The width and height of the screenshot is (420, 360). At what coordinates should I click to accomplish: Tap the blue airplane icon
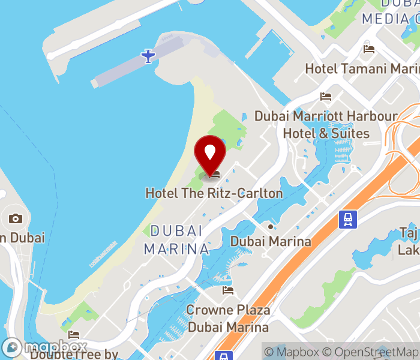click(148, 56)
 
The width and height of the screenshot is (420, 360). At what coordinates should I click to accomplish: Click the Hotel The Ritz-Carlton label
click(214, 193)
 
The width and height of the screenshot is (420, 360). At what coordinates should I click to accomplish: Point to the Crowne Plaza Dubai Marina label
click(228, 319)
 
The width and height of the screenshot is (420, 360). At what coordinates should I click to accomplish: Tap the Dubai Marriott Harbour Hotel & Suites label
click(326, 124)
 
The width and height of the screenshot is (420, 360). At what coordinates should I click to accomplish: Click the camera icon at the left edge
click(16, 218)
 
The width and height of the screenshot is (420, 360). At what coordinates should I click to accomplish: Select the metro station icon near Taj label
click(348, 220)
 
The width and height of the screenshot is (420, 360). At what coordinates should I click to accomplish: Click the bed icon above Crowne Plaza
click(228, 290)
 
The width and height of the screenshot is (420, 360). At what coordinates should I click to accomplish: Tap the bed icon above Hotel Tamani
click(369, 49)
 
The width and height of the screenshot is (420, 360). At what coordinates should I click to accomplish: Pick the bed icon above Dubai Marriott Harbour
click(326, 96)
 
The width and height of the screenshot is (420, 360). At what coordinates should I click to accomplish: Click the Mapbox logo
click(45, 347)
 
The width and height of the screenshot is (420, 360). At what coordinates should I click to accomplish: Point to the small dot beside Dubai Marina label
click(271, 227)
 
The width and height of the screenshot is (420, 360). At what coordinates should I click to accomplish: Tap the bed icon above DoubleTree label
click(74, 334)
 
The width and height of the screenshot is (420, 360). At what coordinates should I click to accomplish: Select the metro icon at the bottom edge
click(223, 356)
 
